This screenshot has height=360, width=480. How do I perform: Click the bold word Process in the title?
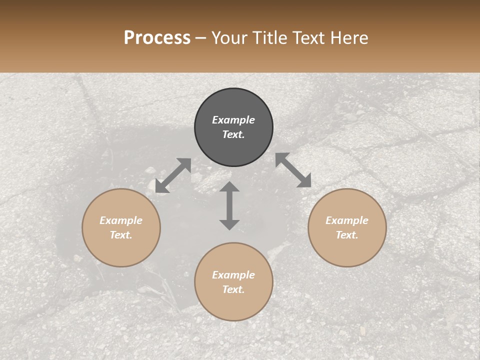point(157,38)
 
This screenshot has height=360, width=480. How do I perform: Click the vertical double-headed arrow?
point(229,205)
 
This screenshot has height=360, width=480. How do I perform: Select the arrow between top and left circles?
point(173,175)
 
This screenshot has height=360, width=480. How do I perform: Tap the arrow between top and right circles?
point(293,170)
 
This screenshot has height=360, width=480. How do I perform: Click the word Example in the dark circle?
point(233,120)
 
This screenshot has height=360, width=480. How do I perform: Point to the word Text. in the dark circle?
point(233,134)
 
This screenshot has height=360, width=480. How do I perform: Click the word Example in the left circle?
point(121,220)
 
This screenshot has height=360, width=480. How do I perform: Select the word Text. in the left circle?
point(121,235)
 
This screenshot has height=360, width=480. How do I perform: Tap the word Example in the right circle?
point(347,220)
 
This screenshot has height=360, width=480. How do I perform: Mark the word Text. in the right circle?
point(347,235)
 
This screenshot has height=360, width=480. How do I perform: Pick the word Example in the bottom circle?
point(233,275)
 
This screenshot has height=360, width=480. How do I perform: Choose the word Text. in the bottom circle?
point(233,289)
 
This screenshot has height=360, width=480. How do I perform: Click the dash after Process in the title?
point(201,38)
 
